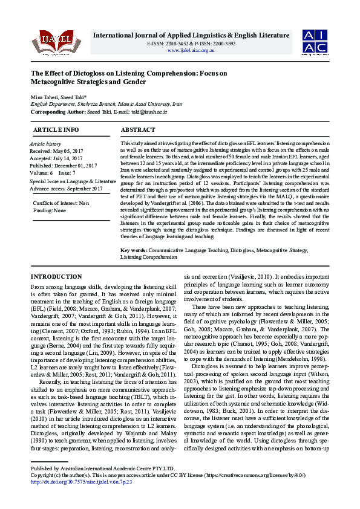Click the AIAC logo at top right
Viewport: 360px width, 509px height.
(x=316, y=41)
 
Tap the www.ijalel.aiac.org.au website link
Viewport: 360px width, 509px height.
(x=191, y=50)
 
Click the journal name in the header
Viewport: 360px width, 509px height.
(x=191, y=36)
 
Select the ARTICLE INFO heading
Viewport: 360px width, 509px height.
(x=56, y=130)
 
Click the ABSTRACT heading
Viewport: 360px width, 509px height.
(x=138, y=130)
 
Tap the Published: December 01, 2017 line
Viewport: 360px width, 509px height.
(x=63, y=165)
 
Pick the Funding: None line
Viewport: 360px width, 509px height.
(x=50, y=210)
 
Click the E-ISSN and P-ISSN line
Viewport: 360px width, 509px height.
(x=191, y=44)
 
